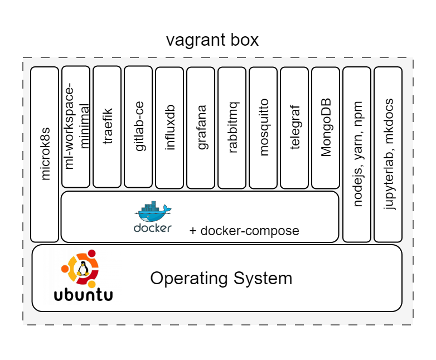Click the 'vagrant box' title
212,41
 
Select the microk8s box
45,154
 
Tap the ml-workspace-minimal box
76,127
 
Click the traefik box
107,127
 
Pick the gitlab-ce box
138,127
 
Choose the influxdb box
169,128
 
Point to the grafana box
201,128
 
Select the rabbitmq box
232,128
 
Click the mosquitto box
263,128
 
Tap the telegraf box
294,128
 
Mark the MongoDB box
326,128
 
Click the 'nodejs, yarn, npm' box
357,154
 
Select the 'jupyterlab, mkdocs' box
388,154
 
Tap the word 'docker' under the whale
152,228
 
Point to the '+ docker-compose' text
244,231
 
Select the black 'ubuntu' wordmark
83,294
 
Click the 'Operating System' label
221,278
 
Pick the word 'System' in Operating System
263,278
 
